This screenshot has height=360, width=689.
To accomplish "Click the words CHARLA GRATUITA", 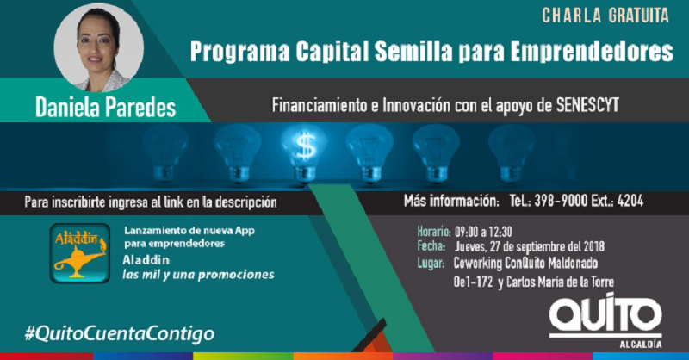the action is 605,16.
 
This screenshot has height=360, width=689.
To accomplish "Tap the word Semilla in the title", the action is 413,52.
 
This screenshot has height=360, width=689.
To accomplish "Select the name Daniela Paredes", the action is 105,108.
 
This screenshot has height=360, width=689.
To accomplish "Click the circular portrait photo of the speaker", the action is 99,48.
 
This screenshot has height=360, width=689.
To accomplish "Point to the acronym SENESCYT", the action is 587,105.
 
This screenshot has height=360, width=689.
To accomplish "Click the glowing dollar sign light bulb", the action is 305,152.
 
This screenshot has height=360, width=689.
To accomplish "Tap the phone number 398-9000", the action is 561,201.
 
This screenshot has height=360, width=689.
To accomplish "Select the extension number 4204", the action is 630,201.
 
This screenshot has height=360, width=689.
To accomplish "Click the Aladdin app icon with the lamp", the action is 79,252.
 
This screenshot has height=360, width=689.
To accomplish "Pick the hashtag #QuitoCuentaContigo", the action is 120,333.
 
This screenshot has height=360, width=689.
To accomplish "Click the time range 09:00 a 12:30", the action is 483,232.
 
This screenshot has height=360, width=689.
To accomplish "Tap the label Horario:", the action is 434,232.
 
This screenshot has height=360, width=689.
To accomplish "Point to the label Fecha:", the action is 431,246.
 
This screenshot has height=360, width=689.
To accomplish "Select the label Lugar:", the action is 431,264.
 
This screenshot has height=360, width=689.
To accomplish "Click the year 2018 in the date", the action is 594,246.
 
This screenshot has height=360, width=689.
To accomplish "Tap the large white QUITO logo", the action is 605,314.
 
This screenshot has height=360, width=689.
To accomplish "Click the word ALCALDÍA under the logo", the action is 641,344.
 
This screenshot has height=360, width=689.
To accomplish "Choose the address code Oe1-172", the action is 473,282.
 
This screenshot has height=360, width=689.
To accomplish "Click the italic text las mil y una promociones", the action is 198,275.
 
